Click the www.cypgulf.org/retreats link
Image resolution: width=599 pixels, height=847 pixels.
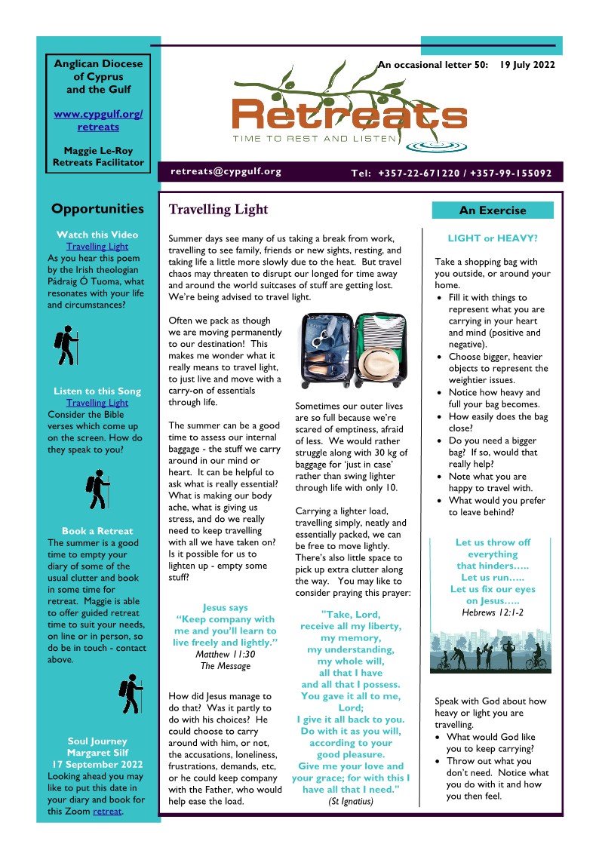point(98,121)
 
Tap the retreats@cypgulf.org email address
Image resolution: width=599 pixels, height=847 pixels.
point(226,171)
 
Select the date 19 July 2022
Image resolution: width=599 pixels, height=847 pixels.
point(527,65)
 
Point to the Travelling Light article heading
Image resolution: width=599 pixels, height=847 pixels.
point(218,209)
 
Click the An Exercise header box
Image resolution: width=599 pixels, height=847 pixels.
point(492,210)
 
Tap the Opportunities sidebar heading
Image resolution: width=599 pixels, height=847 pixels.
point(97,209)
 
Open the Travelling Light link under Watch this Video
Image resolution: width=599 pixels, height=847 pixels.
point(97,246)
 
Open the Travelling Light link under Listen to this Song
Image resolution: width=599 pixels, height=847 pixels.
point(97,403)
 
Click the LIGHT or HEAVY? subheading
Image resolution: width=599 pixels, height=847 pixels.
point(492,238)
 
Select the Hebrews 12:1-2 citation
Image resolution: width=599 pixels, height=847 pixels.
point(492,612)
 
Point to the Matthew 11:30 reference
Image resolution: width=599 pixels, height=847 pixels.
point(226,654)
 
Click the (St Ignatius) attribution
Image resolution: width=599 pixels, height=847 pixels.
point(350,801)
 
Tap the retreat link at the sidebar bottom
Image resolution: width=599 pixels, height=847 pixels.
point(107,812)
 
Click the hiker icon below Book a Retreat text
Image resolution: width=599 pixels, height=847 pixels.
point(131,694)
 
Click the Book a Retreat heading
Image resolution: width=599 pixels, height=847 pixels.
point(97,531)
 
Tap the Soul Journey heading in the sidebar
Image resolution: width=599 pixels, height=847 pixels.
point(97,741)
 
